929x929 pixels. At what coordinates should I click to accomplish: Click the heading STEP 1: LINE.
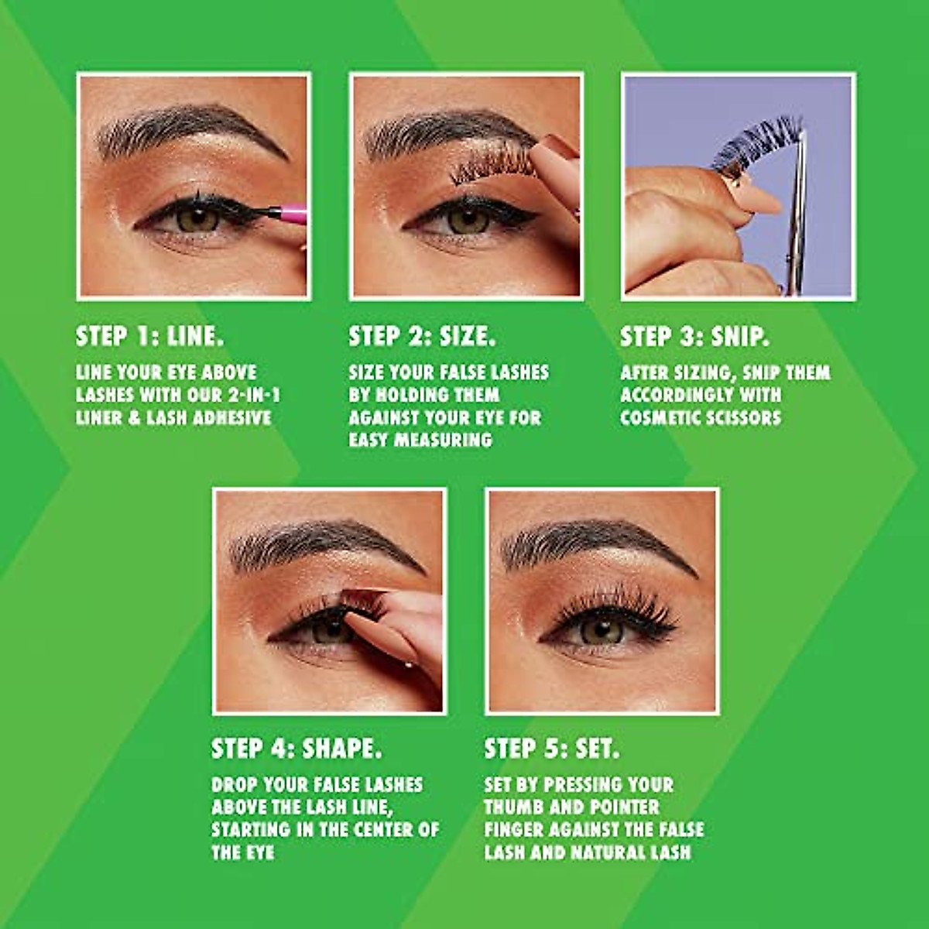pos(150,336)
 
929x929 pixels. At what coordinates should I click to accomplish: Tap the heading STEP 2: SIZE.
pos(423,336)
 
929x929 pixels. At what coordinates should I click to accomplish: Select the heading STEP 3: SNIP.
pos(694,336)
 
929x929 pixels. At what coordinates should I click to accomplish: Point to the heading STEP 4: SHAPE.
pos(297,749)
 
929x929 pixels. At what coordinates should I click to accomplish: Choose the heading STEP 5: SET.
pos(552,749)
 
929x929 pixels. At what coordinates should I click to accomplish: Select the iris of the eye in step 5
pos(602,629)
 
